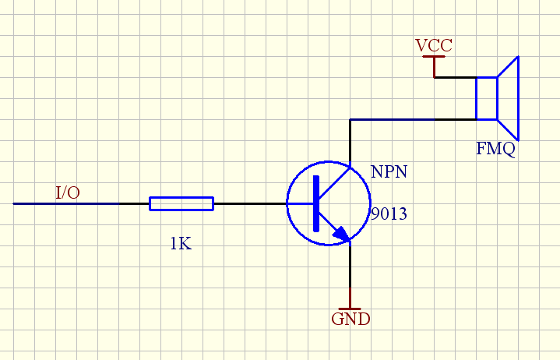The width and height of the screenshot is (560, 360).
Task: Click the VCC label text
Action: click(434, 45)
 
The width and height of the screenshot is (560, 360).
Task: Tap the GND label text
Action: click(350, 319)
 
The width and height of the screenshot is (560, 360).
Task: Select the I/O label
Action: click(68, 192)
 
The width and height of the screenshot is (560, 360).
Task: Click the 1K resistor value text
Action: click(181, 244)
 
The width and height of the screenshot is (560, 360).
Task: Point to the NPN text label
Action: click(389, 171)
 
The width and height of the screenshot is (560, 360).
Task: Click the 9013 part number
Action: click(389, 214)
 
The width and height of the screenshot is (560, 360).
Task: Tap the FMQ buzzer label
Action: click(495, 149)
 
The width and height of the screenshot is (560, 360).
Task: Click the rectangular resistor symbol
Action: click(181, 203)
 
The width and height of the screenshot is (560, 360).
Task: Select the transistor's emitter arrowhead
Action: click(342, 235)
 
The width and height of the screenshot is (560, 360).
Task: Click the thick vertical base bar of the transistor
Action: click(316, 203)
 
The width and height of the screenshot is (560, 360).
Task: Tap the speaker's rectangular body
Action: click(487, 98)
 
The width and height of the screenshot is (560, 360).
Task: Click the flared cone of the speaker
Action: click(508, 98)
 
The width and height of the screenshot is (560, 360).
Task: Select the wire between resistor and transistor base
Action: click(250, 203)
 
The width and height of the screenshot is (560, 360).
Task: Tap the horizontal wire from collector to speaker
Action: click(414, 120)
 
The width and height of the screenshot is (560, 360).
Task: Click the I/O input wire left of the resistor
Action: click(81, 203)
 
